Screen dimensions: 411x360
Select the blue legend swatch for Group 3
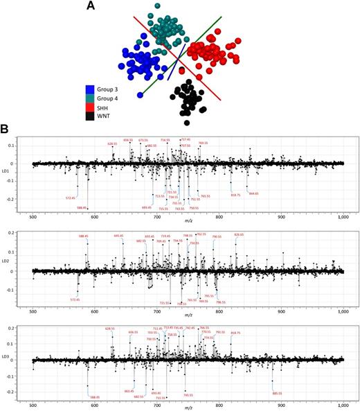(x=89, y=89)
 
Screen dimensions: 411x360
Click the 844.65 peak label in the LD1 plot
(x=253, y=194)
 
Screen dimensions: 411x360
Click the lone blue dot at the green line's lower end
(x=140, y=94)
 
